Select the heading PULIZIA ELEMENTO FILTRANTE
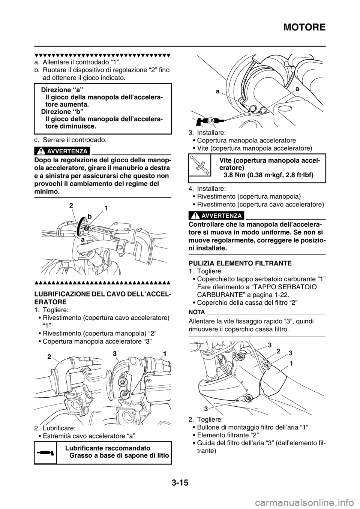pyautogui.click(x=240, y=263)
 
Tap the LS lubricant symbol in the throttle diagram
pyautogui.click(x=210, y=120)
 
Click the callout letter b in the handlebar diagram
pyautogui.click(x=89, y=217)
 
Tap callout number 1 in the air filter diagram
pyautogui.click(x=291, y=364)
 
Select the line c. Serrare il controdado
pyautogui.click(x=74, y=140)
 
